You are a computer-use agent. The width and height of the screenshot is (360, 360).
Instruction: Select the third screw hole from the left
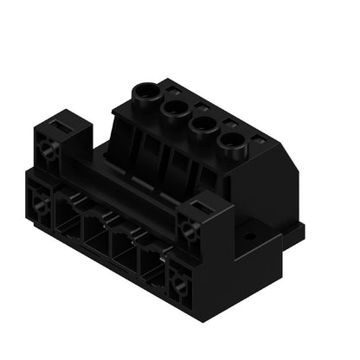202,124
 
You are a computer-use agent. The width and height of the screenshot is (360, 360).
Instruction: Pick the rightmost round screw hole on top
230,140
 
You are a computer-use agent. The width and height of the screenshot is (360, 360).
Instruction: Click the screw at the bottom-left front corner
39,206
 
